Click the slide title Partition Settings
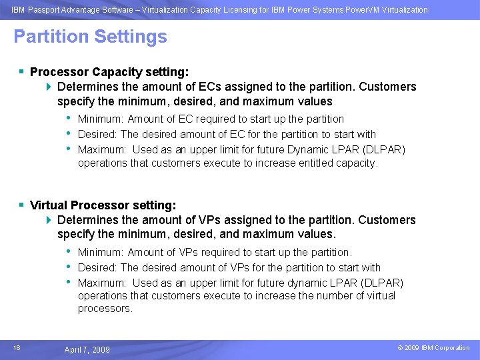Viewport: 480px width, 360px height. (x=90, y=37)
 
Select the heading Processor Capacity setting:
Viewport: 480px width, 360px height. (x=109, y=71)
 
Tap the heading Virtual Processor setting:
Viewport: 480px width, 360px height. (x=103, y=205)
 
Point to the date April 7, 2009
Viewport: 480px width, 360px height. (x=87, y=349)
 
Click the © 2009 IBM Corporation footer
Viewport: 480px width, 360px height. (x=434, y=348)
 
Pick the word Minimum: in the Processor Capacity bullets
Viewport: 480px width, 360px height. (x=101, y=119)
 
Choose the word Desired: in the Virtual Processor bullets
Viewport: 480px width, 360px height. (x=97, y=267)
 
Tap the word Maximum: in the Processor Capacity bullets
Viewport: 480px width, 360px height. (x=102, y=149)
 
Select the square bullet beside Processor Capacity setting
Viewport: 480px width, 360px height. (x=22, y=71)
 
